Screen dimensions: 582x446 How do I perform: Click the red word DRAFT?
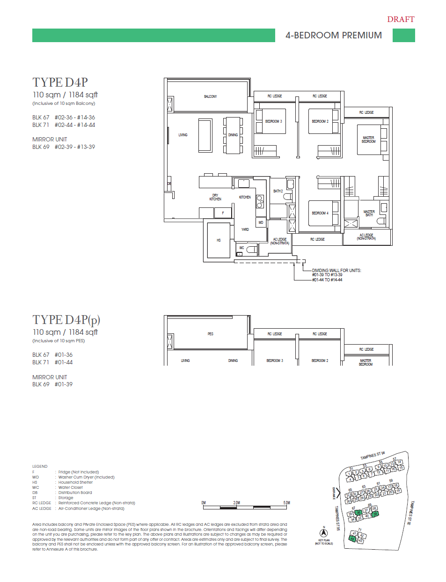(401, 19)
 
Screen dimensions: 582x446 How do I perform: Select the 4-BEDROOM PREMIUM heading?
(334, 36)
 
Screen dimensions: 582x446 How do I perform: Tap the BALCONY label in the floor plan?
(210, 96)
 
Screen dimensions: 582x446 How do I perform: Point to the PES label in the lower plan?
(210, 334)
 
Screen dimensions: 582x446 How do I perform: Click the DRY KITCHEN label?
(215, 197)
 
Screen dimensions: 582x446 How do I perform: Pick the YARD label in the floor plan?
(245, 229)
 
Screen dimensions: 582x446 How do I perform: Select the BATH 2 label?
(278, 191)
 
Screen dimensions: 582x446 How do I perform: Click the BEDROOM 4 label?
(320, 213)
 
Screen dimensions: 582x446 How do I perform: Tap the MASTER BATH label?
(369, 213)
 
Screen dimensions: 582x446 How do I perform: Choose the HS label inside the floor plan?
(219, 240)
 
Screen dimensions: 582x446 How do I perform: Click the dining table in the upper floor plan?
(233, 135)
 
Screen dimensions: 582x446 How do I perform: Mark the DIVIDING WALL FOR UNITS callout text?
(336, 271)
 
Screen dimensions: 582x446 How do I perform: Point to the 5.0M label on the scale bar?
(286, 503)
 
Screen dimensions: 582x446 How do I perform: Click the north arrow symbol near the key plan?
(323, 533)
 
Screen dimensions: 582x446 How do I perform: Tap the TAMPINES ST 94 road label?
(373, 455)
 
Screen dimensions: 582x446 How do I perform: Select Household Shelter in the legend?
(75, 482)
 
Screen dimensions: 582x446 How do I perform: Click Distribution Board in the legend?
(75, 493)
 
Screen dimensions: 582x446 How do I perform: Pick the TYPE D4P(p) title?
(66, 320)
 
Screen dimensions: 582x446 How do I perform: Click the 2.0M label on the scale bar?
(236, 503)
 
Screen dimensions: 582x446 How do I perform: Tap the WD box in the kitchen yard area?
(261, 222)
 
